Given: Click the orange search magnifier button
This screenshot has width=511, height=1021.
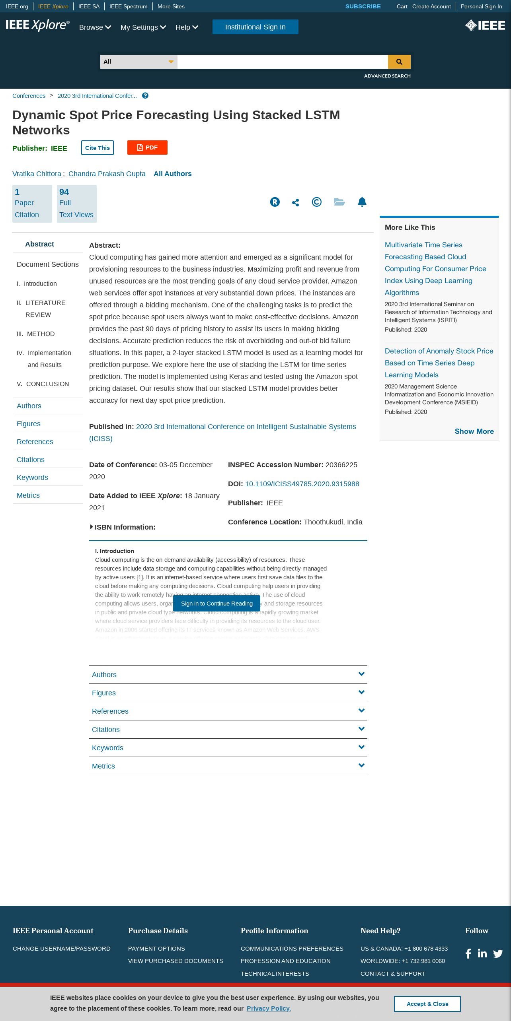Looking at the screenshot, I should coord(399,62).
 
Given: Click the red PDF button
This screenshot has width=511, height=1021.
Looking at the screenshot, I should coord(147,148).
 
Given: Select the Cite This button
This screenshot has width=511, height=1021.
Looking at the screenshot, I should coord(98,148).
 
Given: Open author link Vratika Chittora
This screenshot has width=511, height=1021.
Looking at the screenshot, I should coord(37,174).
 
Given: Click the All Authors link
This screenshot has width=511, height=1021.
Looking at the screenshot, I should coord(172,174).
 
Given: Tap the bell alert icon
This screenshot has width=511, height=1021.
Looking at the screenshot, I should coord(362,202).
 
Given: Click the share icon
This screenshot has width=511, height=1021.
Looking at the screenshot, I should coord(295,202).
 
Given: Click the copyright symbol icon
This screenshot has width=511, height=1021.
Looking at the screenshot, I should coord(316,202).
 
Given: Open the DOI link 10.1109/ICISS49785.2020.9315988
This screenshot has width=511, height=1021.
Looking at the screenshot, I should coord(302,484).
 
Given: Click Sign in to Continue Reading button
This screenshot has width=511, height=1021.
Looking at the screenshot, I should coord(216,604).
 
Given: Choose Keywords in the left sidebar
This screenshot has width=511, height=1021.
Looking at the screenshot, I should coord(32,478).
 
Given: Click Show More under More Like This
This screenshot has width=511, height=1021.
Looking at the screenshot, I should coord(474,431).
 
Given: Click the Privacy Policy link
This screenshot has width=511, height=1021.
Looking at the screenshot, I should coord(269,1008).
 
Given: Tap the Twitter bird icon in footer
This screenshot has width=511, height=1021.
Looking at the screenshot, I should coord(498,953).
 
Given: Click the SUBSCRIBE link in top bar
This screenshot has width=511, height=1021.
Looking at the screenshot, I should coord(363,6).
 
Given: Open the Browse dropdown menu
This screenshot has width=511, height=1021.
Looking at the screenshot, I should coord(95,27).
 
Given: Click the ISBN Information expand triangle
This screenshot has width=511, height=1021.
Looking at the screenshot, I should coord(92,527).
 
